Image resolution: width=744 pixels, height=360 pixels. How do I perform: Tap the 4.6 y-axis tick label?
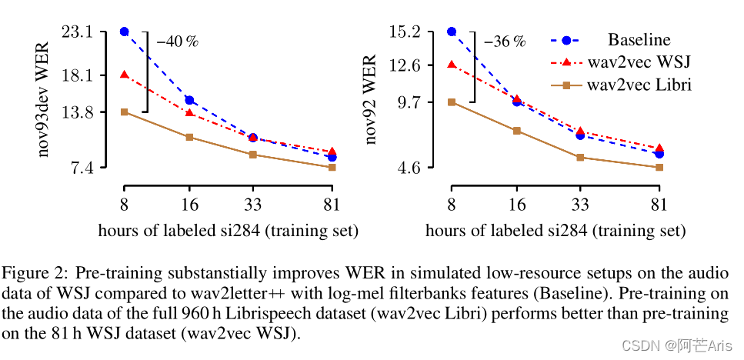pos(412,167)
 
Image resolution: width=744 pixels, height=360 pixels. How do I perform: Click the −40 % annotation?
pos(178,42)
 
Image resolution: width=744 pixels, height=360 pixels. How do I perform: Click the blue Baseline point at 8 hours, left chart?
pos(124,32)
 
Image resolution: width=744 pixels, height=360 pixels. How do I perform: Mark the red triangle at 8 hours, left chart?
pos(124,75)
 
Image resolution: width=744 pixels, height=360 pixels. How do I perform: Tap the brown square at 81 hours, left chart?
pos(332,167)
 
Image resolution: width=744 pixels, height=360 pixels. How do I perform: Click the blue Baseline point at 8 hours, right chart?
pos(452,32)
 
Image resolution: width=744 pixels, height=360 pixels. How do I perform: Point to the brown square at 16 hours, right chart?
pos(517,131)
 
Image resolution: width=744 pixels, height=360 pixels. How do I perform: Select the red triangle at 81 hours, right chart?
pos(659,148)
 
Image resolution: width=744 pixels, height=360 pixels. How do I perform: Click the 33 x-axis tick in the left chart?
pos(253,205)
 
